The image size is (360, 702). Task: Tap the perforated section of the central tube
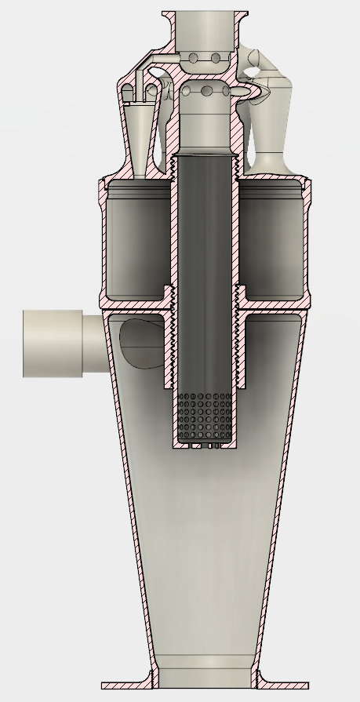(x=206, y=415)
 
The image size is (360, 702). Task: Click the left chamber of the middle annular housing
(x=138, y=239)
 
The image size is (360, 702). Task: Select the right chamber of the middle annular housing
(x=271, y=239)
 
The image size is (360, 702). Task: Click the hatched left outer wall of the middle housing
(x=100, y=243)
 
